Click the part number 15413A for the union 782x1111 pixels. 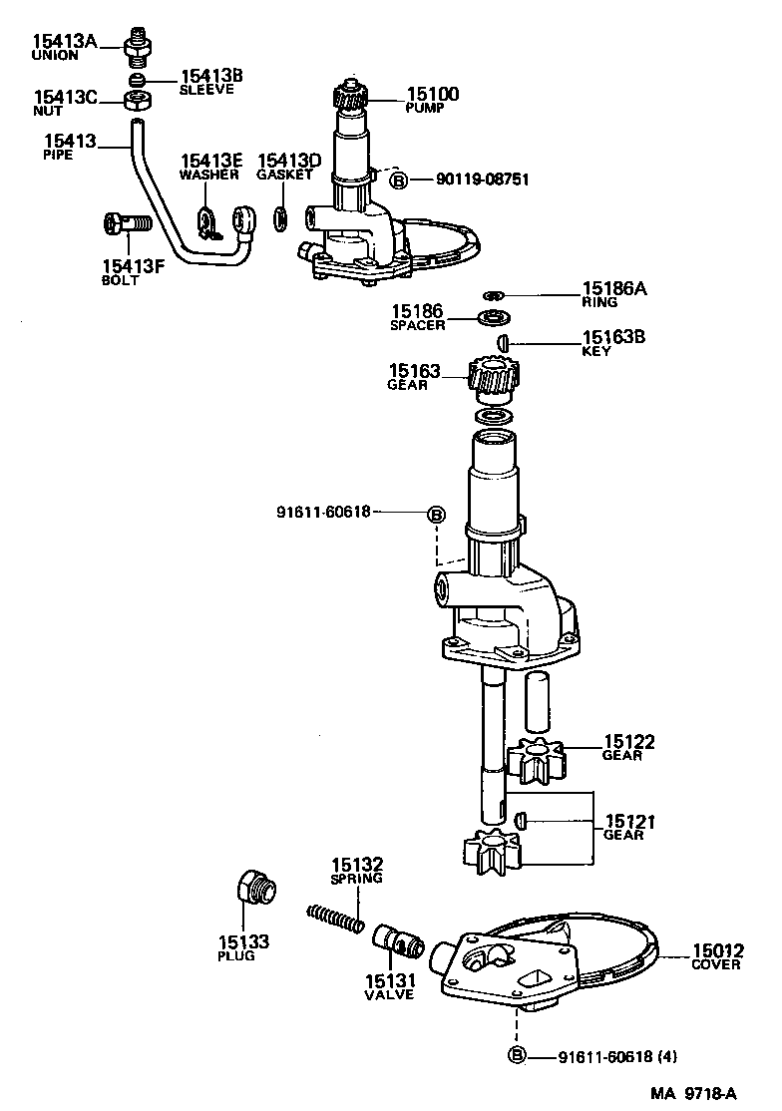click(66, 41)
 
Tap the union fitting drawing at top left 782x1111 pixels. click(137, 45)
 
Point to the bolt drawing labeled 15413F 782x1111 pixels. click(125, 223)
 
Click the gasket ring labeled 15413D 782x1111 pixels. click(281, 216)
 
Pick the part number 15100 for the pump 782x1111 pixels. click(432, 95)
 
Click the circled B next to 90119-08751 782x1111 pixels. click(398, 181)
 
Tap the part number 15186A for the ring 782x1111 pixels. click(614, 290)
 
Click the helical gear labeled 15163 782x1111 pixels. click(491, 378)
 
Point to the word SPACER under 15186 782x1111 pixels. click(417, 326)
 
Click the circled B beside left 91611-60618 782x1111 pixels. click(437, 513)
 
